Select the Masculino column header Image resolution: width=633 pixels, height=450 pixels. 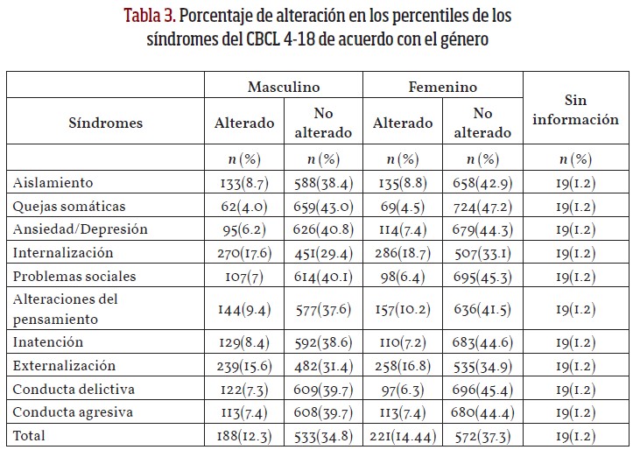[x=283, y=87]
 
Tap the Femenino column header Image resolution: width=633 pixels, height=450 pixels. [x=442, y=87]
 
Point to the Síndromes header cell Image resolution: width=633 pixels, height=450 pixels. [x=105, y=123]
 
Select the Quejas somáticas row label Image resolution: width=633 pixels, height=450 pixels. [x=70, y=206]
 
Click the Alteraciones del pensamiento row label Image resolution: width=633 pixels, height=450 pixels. [x=67, y=308]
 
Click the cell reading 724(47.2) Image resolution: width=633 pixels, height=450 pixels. [x=482, y=206]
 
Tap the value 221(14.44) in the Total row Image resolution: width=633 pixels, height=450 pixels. [x=402, y=434]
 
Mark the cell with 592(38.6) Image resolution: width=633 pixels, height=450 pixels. [x=323, y=342]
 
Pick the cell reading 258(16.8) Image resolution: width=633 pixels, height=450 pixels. [x=402, y=366]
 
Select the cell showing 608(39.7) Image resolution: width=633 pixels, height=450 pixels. [x=323, y=411]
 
